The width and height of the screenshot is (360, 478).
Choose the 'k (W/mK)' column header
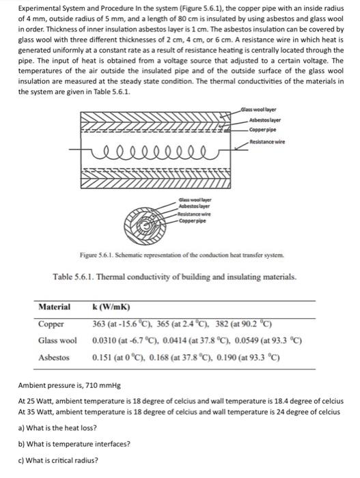111,308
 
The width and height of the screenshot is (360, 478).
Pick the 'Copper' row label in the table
51,324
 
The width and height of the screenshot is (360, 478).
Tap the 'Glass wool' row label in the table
57,340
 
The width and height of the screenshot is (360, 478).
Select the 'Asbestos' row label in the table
54,356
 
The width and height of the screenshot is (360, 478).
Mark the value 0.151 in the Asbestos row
103,356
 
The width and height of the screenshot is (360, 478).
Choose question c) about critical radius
58,460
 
